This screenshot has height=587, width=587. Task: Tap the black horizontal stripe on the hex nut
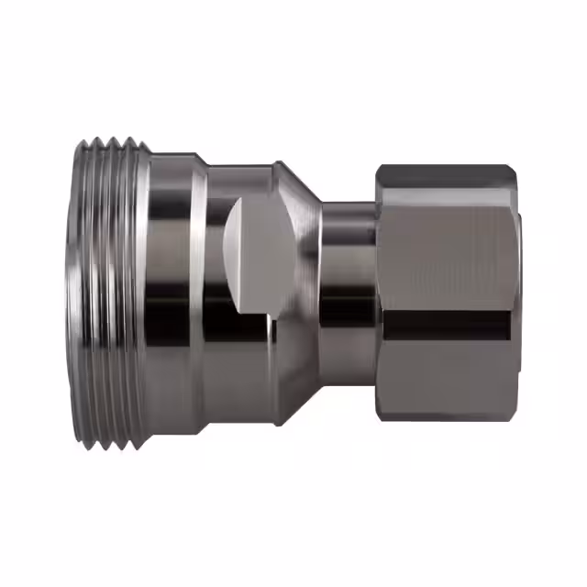pyautogui.click(x=446, y=323)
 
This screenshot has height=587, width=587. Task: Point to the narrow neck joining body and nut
pyautogui.click(x=347, y=293)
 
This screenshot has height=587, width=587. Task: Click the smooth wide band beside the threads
pyautogui.click(x=170, y=293)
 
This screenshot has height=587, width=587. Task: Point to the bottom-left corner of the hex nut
pyautogui.click(x=379, y=413)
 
